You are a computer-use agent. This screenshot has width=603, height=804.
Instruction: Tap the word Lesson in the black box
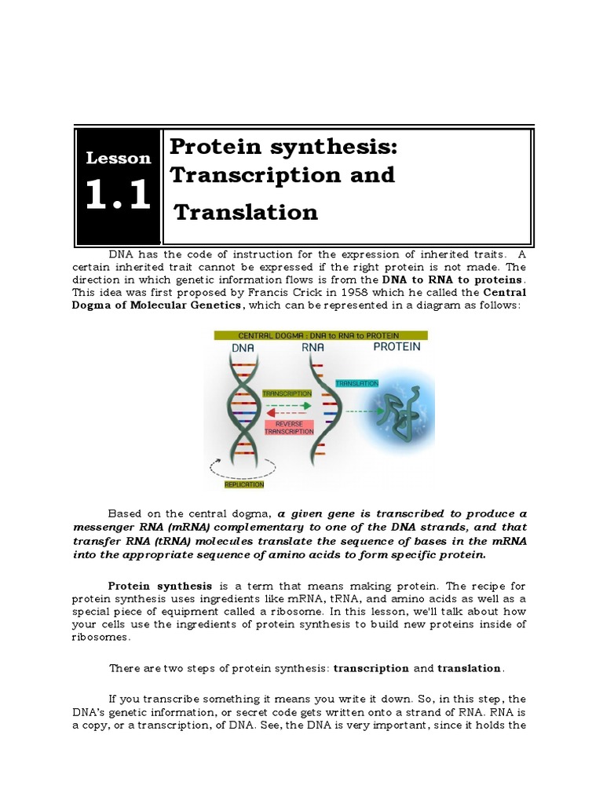(x=119, y=158)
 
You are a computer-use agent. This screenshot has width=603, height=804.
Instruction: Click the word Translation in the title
(x=246, y=211)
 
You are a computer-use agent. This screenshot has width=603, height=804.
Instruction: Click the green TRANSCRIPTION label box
(x=287, y=393)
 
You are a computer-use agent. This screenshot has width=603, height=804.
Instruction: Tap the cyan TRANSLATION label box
(x=356, y=383)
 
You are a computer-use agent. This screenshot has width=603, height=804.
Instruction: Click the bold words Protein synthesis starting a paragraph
(x=160, y=586)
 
